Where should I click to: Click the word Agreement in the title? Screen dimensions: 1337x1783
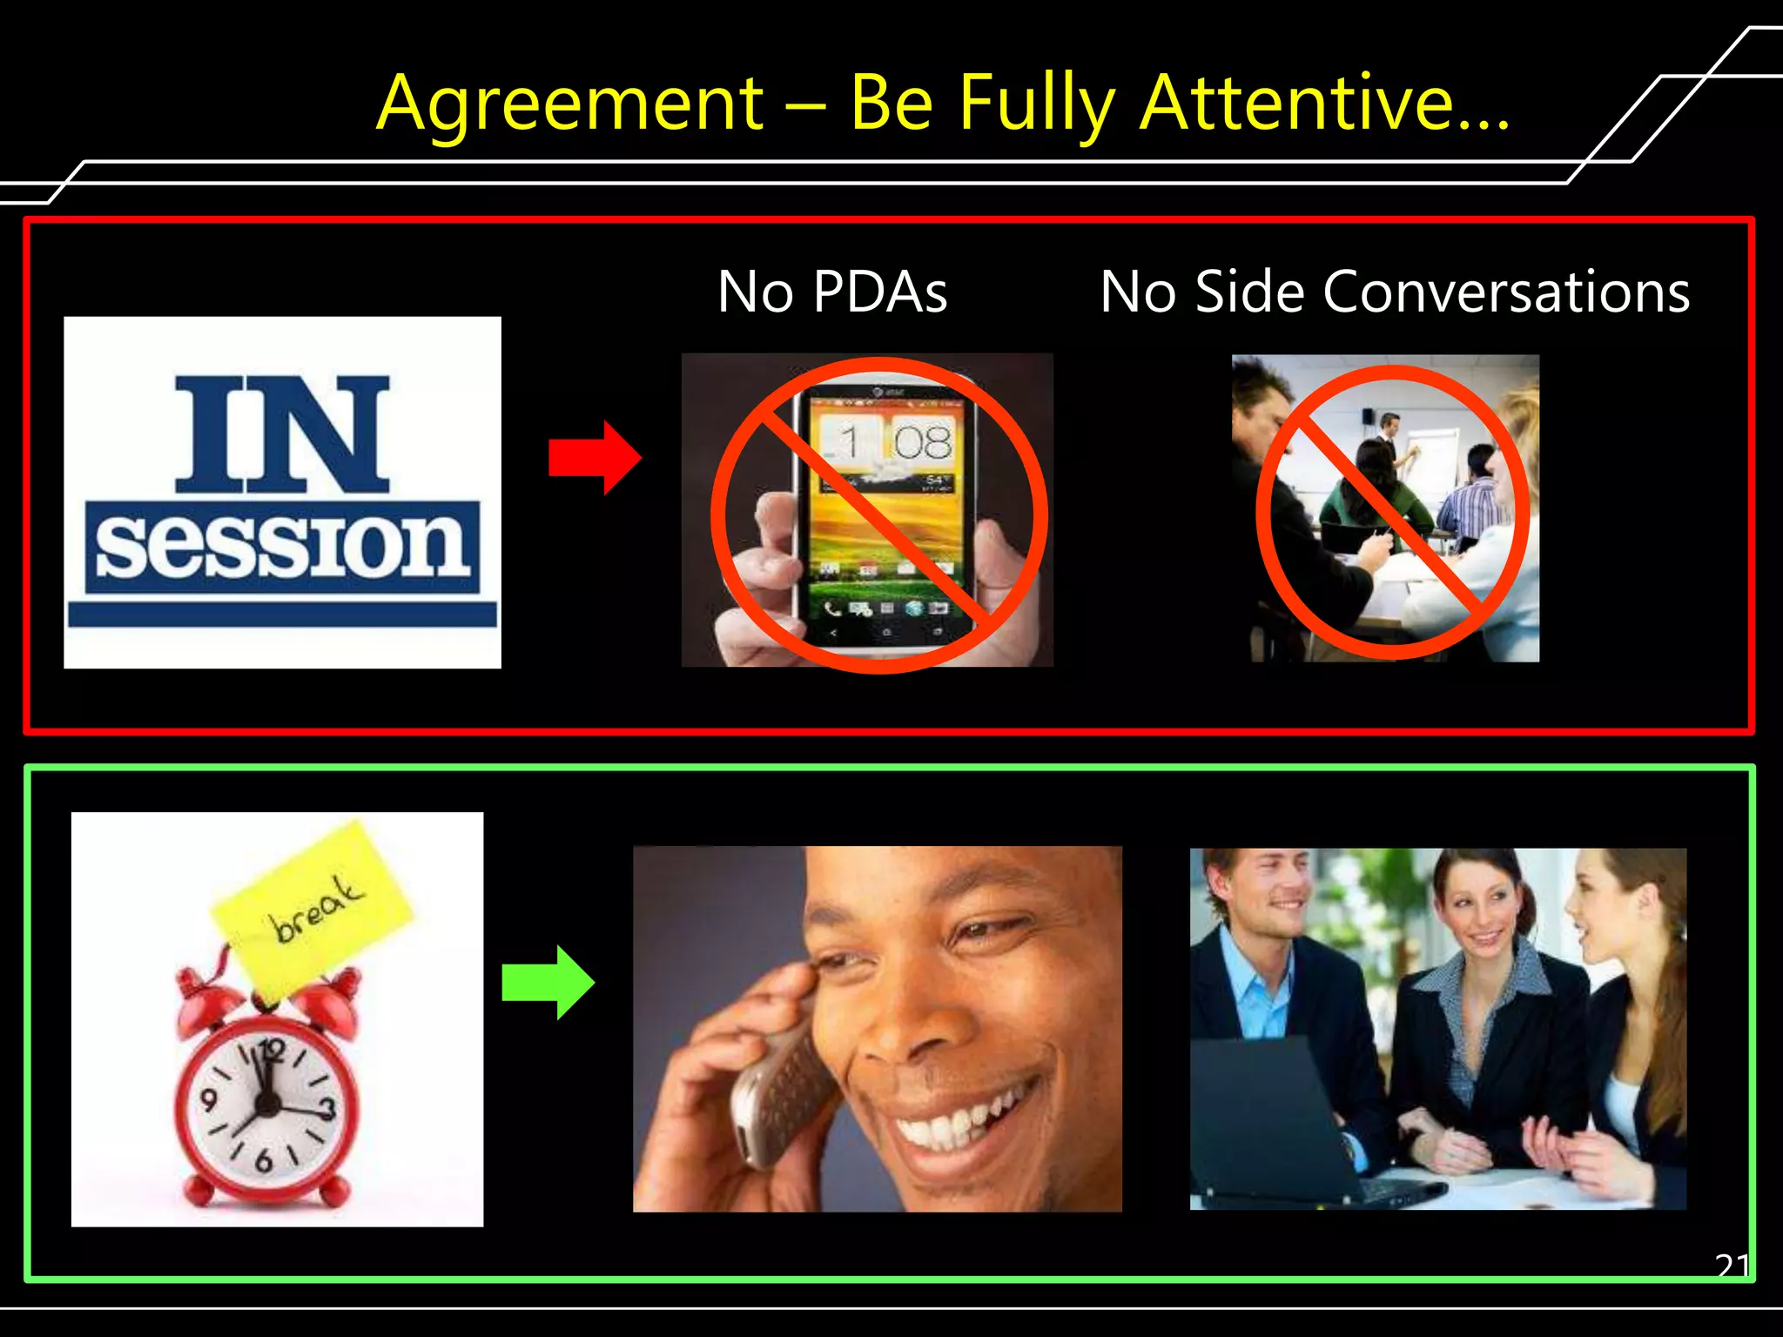point(570,104)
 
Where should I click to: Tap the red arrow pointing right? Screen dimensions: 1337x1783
point(595,458)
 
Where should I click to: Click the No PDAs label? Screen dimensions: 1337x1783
point(832,292)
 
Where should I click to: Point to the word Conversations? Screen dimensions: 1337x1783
point(1506,292)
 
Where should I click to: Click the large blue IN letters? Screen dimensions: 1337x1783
point(282,434)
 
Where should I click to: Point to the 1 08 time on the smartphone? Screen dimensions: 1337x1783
point(888,441)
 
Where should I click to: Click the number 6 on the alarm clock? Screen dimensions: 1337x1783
point(263,1160)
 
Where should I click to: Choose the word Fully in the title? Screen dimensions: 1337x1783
point(1036,104)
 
